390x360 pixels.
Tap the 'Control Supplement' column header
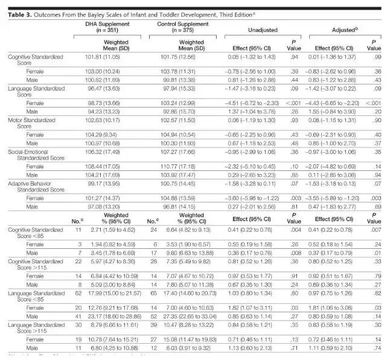pos(181,22)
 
